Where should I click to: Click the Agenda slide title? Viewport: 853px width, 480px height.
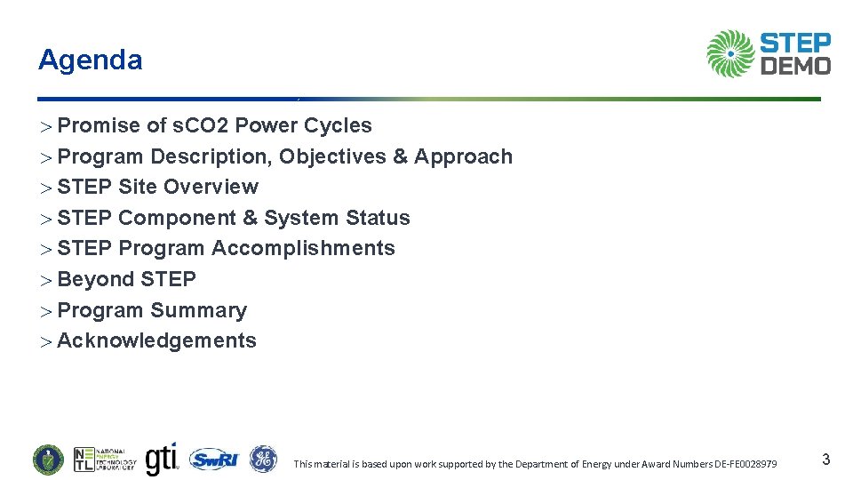tap(90, 60)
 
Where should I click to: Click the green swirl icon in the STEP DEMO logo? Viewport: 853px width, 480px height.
tap(730, 53)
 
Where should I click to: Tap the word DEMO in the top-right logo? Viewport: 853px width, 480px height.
tap(796, 65)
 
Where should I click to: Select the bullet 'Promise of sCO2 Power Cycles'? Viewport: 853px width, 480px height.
tap(214, 126)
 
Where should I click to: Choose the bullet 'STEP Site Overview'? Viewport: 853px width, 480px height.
tap(157, 188)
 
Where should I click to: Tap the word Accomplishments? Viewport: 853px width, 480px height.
tap(303, 249)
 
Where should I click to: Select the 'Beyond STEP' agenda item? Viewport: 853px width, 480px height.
tap(126, 279)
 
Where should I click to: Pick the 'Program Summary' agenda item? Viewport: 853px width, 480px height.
tap(152, 310)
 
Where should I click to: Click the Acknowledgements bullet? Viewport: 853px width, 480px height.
tap(156, 341)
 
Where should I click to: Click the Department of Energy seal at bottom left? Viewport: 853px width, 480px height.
tap(49, 459)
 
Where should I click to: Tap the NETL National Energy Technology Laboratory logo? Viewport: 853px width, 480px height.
tap(105, 459)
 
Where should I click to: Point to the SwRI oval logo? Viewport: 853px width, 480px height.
tap(214, 459)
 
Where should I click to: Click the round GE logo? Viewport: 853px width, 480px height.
tap(263, 459)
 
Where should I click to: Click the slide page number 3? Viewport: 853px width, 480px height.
tap(825, 460)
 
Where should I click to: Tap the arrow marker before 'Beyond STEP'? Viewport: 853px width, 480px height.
tap(46, 280)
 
